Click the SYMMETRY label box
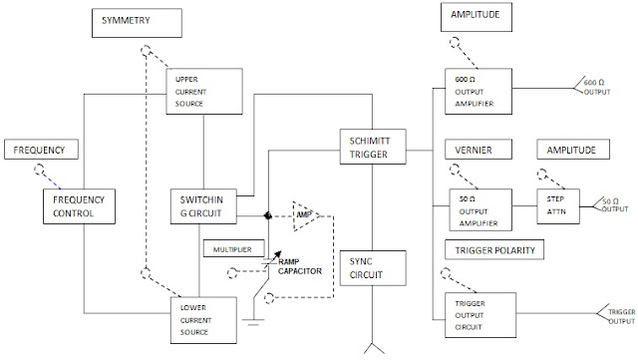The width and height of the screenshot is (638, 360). [137, 23]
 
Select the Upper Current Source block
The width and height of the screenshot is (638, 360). [204, 91]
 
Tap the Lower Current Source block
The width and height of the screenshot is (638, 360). [203, 320]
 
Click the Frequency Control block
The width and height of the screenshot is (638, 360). [79, 206]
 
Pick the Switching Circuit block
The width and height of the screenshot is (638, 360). [203, 206]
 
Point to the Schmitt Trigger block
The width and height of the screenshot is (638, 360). [373, 147]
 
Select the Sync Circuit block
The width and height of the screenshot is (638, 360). [373, 268]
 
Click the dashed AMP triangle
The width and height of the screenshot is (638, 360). [306, 215]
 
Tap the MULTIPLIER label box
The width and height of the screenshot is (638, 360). [234, 248]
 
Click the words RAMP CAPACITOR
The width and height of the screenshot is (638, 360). [300, 266]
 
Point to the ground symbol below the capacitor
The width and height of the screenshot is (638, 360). [253, 322]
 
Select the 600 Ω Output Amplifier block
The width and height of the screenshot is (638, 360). [478, 91]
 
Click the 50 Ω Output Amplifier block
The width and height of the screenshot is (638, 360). [480, 209]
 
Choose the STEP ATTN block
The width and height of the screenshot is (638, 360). [558, 206]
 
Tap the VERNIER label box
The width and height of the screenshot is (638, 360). [478, 150]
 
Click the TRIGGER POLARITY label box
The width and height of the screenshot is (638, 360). [494, 249]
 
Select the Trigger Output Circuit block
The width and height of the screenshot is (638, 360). [480, 315]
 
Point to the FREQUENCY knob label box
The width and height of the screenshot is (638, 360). [41, 149]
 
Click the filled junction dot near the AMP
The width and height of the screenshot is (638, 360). [268, 215]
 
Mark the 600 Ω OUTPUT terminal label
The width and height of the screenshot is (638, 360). [597, 87]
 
